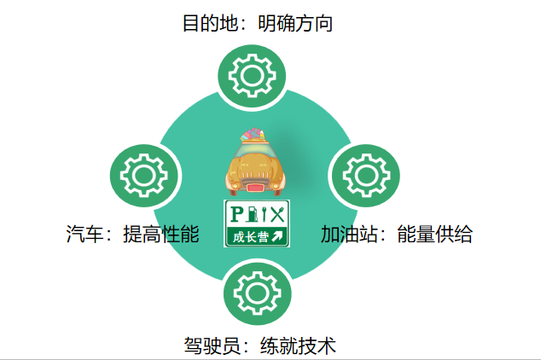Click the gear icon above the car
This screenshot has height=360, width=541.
253,76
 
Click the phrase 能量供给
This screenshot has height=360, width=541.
434,234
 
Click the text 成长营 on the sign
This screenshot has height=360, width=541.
249,235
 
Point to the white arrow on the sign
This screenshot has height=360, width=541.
277,235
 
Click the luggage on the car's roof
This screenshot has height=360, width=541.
253,136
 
